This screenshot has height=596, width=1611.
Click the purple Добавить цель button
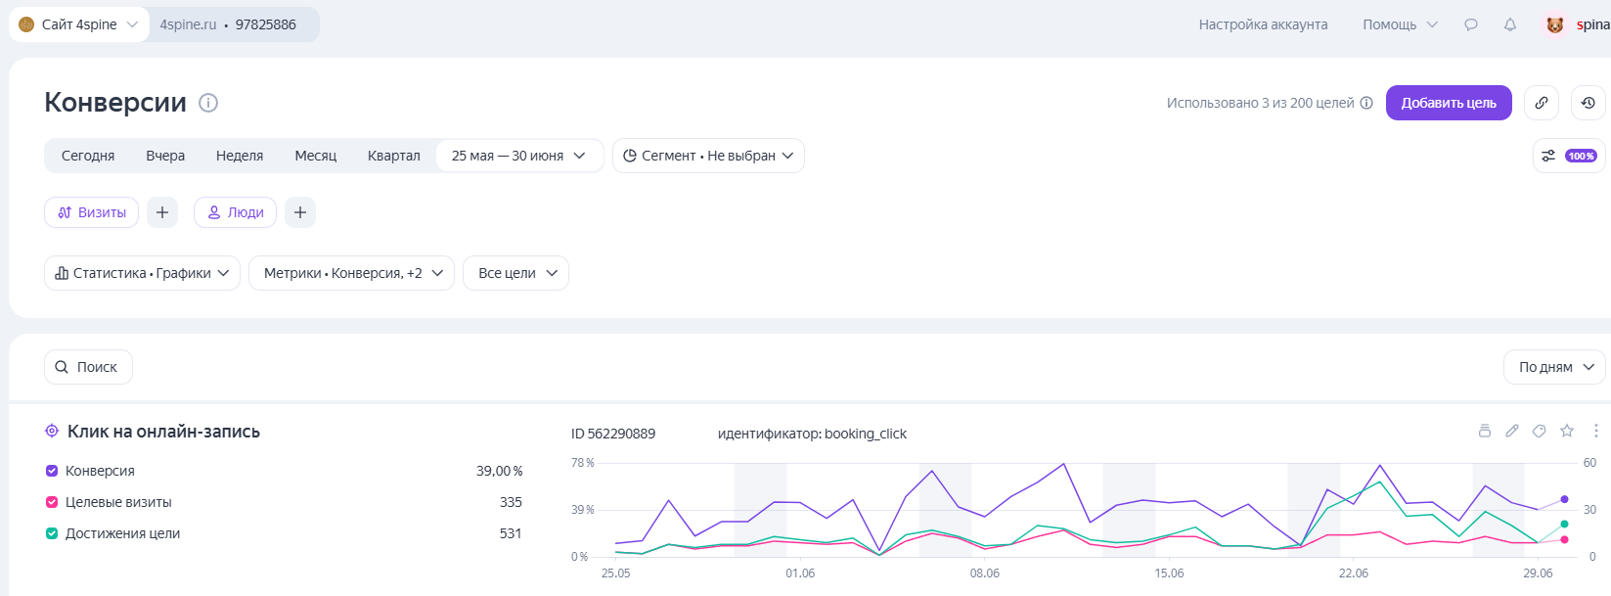[1449, 103]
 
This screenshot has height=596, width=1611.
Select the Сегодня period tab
[88, 156]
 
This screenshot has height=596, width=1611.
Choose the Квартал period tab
[393, 156]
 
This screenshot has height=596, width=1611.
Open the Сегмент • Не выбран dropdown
[708, 156]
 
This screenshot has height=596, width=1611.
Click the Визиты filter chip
[91, 212]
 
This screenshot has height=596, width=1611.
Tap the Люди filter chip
[235, 212]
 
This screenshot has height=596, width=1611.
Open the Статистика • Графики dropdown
[143, 273]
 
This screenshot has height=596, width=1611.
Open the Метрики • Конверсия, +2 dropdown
[352, 273]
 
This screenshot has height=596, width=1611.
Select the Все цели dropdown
[515, 273]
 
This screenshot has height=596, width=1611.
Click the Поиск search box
[88, 367]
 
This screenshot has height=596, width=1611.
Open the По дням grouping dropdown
[1554, 367]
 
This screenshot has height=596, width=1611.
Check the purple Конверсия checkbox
[52, 471]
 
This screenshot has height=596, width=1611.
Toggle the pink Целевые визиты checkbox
[52, 502]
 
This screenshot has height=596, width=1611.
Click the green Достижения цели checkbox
[52, 533]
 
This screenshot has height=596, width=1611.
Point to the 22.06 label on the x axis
[1354, 573]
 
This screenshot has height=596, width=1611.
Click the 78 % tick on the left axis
[583, 463]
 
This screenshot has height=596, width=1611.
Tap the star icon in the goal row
[1567, 431]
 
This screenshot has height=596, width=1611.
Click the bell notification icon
[1510, 24]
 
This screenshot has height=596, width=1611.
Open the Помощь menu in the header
[1400, 24]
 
